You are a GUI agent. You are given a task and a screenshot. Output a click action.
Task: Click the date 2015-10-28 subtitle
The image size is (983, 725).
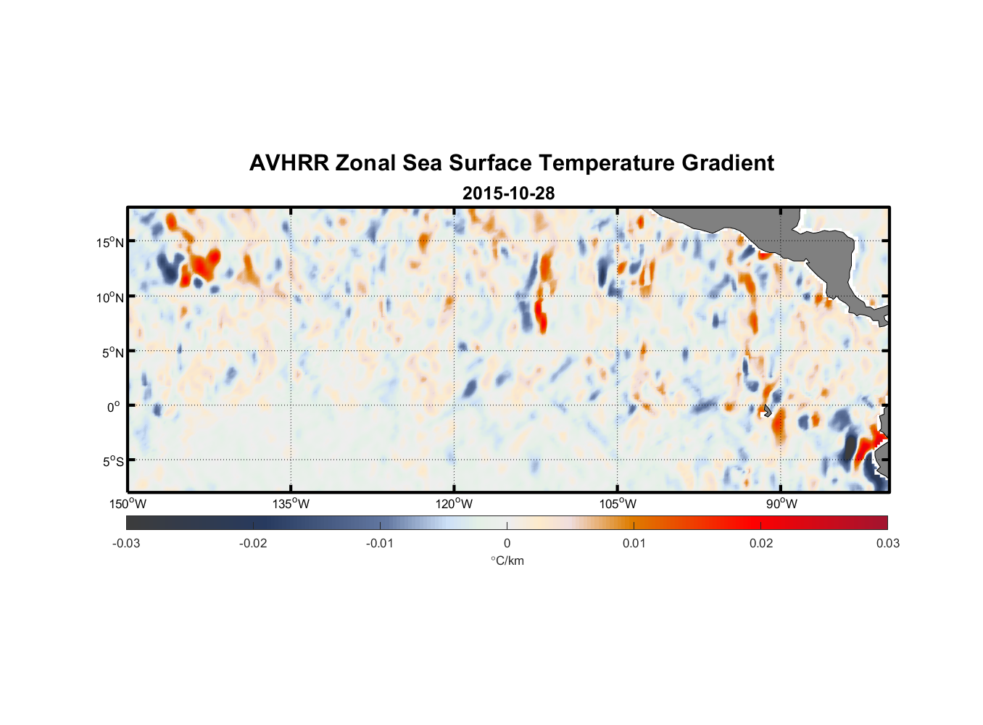click(508, 194)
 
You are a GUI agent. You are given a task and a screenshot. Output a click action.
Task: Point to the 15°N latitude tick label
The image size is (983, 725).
click(110, 242)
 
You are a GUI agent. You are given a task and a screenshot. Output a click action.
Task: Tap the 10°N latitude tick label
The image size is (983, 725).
click(110, 297)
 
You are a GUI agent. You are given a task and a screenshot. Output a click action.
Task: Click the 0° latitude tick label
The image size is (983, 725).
click(114, 407)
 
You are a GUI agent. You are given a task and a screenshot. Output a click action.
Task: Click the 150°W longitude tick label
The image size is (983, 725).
click(128, 504)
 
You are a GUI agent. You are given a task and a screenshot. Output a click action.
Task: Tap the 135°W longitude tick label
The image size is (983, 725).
click(291, 504)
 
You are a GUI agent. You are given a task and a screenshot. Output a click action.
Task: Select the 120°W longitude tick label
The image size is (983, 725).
click(455, 504)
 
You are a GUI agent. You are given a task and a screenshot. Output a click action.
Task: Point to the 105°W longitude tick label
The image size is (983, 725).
click(618, 504)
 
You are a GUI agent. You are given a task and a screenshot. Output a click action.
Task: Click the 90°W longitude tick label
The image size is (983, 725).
click(781, 504)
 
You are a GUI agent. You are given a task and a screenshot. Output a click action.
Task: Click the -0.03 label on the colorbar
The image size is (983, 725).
click(126, 544)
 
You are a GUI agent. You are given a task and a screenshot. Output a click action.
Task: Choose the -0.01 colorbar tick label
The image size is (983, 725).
click(380, 544)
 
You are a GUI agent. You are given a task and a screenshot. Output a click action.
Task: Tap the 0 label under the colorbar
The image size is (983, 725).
click(507, 544)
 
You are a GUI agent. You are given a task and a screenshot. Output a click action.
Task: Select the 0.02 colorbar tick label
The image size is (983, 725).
click(761, 544)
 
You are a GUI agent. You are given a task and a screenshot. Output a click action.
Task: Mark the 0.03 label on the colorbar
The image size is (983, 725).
click(887, 544)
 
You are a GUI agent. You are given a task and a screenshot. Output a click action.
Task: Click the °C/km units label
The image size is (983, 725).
click(507, 560)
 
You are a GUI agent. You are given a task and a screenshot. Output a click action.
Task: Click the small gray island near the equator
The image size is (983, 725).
click(767, 410)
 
